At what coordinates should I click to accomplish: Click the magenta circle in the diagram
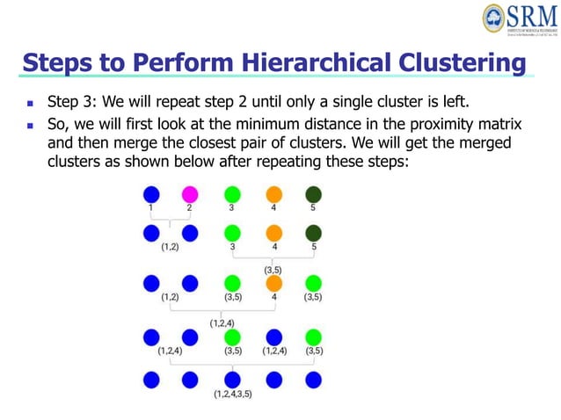pyautogui.click(x=189, y=194)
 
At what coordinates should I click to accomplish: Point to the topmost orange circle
pyautogui.click(x=273, y=194)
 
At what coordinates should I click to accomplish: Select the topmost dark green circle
pyautogui.click(x=313, y=194)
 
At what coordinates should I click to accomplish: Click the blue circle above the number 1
pyautogui.click(x=151, y=194)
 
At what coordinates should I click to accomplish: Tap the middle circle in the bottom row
pyautogui.click(x=232, y=379)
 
